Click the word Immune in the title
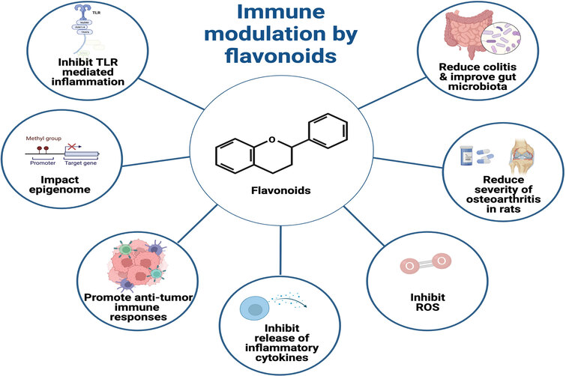[x=280, y=15]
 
